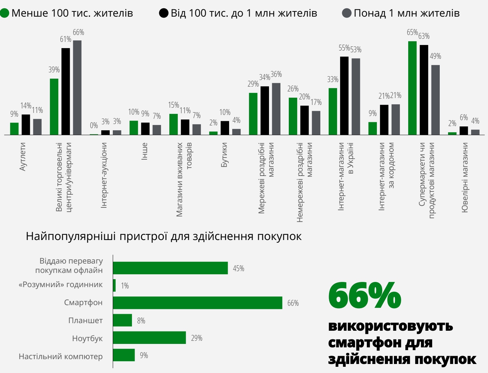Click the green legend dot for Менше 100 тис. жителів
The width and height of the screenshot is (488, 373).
[x=5, y=14]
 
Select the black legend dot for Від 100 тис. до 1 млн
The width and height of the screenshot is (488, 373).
[x=163, y=14]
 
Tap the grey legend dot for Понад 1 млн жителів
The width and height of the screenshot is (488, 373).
[x=346, y=14]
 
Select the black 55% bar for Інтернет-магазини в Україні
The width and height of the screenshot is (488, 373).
[x=344, y=96]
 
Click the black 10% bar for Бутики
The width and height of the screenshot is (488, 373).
[x=225, y=128]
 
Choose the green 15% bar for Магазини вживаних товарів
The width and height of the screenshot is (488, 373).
[x=174, y=124]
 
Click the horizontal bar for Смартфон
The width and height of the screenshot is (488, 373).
[x=197, y=303]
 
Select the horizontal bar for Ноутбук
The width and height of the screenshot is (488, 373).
[x=149, y=338]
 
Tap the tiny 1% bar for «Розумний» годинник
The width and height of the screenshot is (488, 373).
[x=114, y=285]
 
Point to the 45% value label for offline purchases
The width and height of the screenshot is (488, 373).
[x=238, y=268]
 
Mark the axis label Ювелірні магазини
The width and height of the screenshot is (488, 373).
[x=465, y=177]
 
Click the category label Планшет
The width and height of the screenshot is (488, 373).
[x=85, y=320]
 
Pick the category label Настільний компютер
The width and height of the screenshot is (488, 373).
[x=61, y=356]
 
